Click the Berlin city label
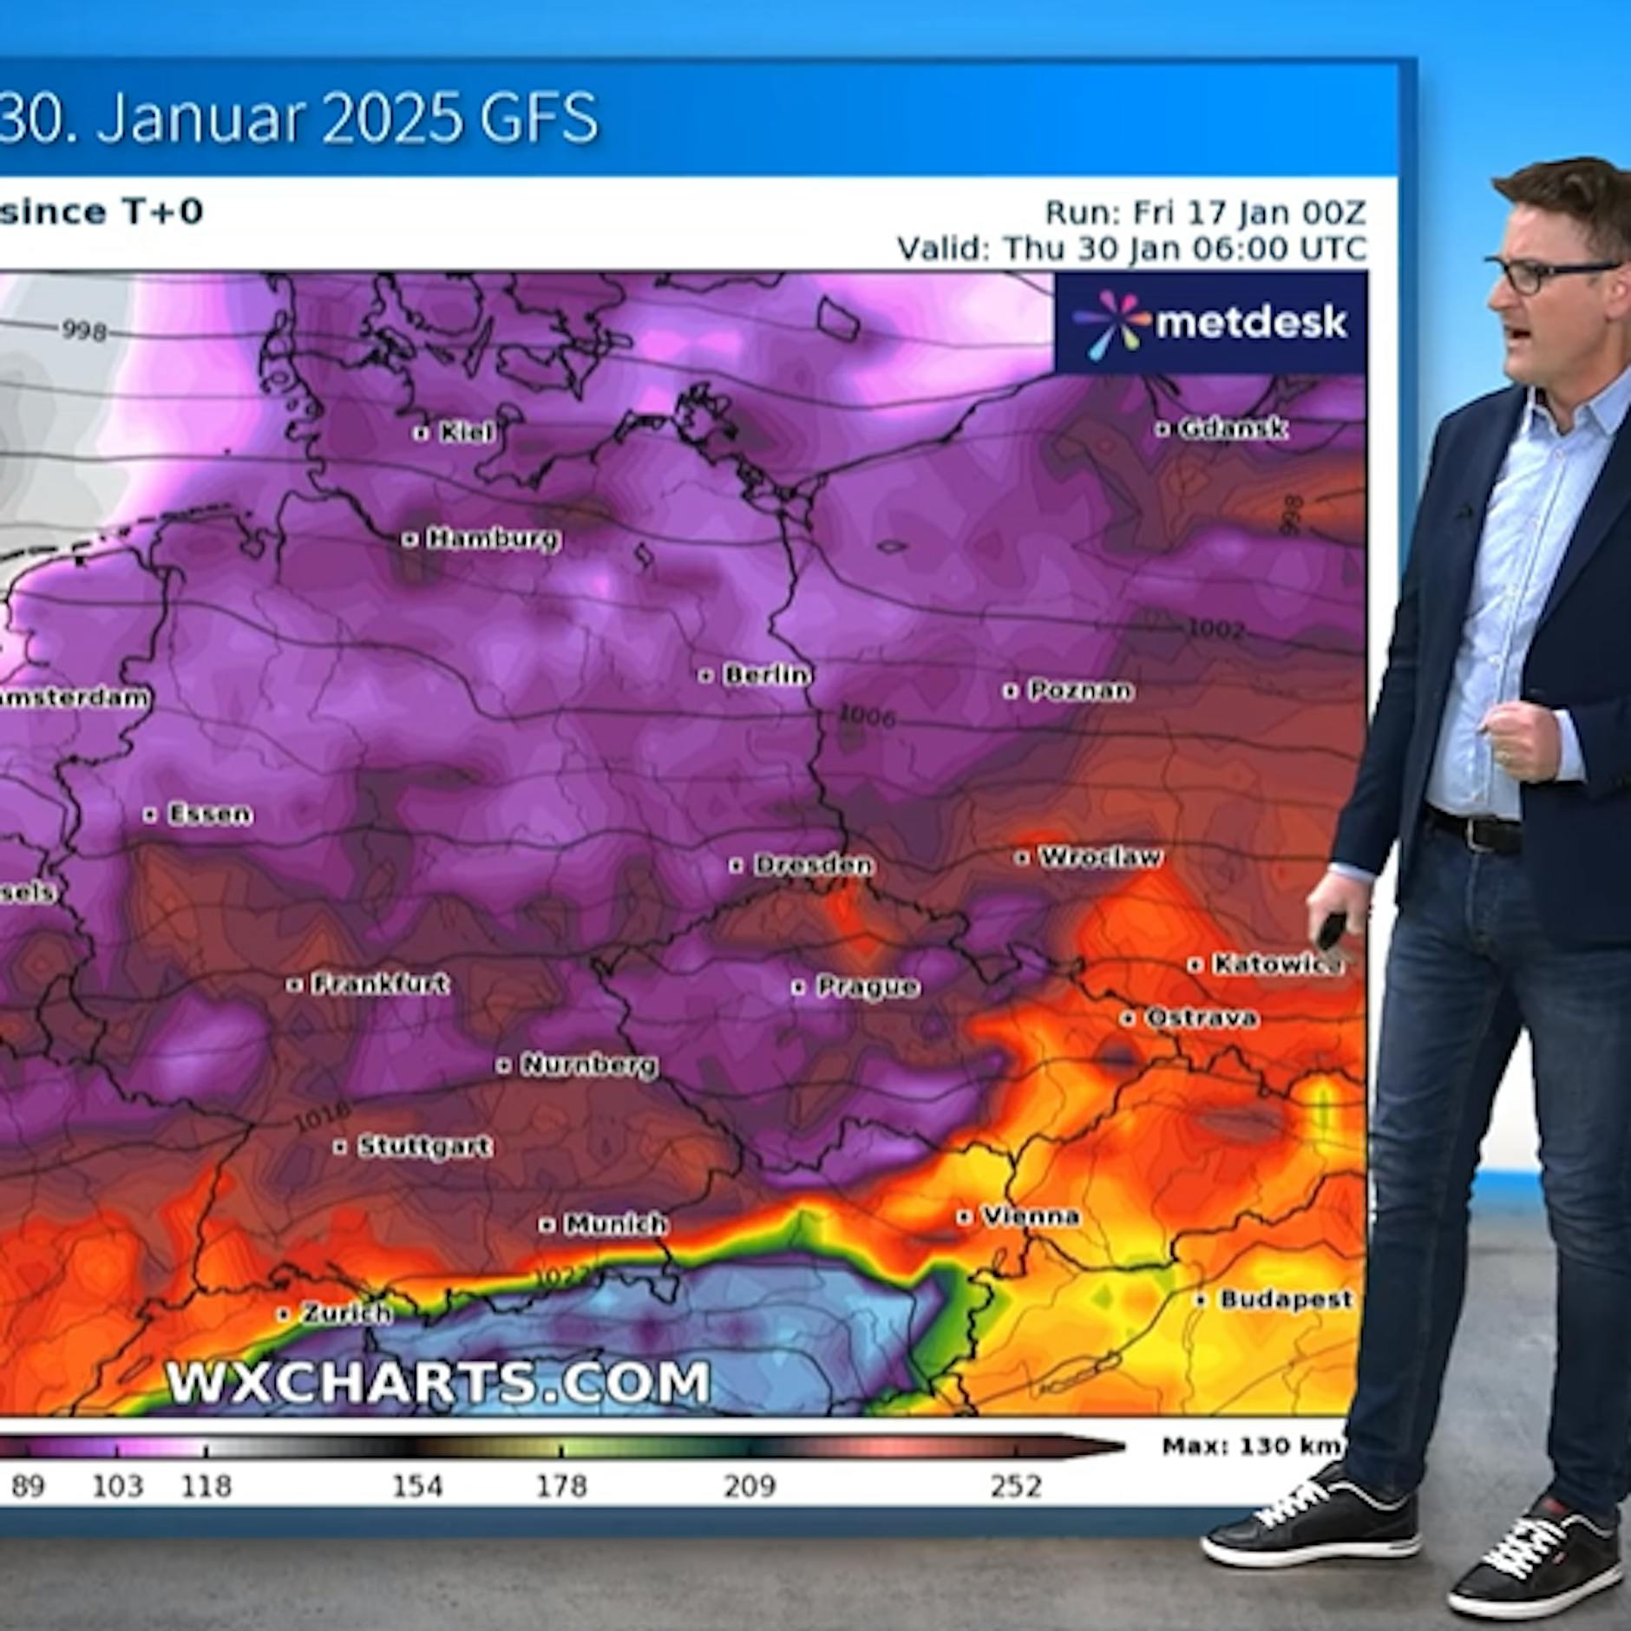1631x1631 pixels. pos(767,674)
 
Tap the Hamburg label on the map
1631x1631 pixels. pos(493,539)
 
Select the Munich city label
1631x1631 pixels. pos(614,1223)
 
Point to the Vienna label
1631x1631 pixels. pos(1030,1216)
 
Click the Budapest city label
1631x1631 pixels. pos(1285,1299)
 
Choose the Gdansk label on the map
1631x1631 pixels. pos(1232,428)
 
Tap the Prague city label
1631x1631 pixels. pos(867,986)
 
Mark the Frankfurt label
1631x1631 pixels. pos(379,983)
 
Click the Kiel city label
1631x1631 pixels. pos(466,431)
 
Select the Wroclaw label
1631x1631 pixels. pos(1099,856)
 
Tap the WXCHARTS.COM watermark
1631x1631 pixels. pos(438,1381)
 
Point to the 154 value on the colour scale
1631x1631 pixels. pos(417,1486)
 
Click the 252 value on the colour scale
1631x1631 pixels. pos(1015,1486)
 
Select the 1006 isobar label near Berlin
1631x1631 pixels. pos(867,717)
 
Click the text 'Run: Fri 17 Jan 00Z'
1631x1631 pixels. pos(1205,213)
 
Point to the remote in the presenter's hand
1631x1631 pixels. pos(1330,930)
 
